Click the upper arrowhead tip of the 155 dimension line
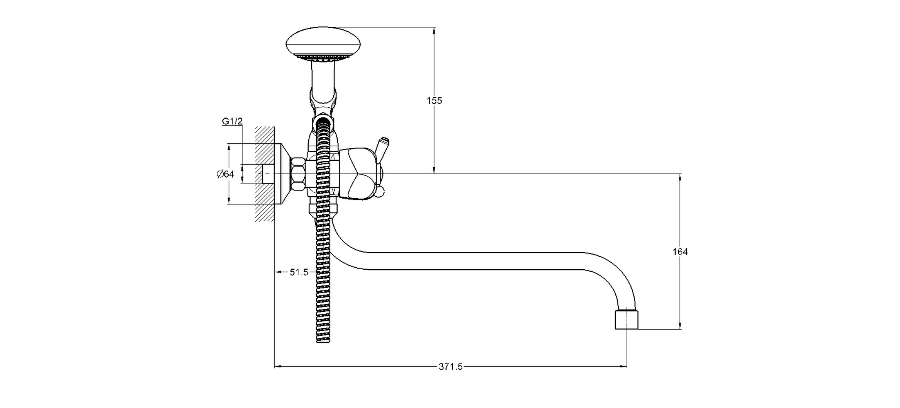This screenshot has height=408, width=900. pyautogui.click(x=434, y=27)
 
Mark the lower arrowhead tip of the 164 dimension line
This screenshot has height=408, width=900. pyautogui.click(x=680, y=329)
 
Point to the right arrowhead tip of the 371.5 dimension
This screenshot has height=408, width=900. pyautogui.click(x=627, y=366)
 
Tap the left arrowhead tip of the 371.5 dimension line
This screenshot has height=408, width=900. pyautogui.click(x=274, y=366)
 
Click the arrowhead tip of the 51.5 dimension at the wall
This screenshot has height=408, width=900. pyautogui.click(x=274, y=272)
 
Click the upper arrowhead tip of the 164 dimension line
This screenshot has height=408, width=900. pyautogui.click(x=680, y=174)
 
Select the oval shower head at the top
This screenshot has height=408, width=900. pyautogui.click(x=323, y=44)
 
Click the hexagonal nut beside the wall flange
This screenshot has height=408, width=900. pyautogui.click(x=299, y=174)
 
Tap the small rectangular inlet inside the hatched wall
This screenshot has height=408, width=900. pyautogui.click(x=268, y=174)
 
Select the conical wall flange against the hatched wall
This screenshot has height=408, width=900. pyautogui.click(x=282, y=174)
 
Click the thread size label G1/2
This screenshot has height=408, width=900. pyautogui.click(x=232, y=121)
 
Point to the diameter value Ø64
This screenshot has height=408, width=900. pyautogui.click(x=225, y=174)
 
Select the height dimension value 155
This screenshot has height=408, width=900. pyautogui.click(x=434, y=100)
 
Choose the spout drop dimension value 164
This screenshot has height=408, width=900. pyautogui.click(x=680, y=252)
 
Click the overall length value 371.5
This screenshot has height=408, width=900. pyautogui.click(x=451, y=367)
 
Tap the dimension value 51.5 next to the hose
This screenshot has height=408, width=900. pyautogui.click(x=299, y=272)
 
